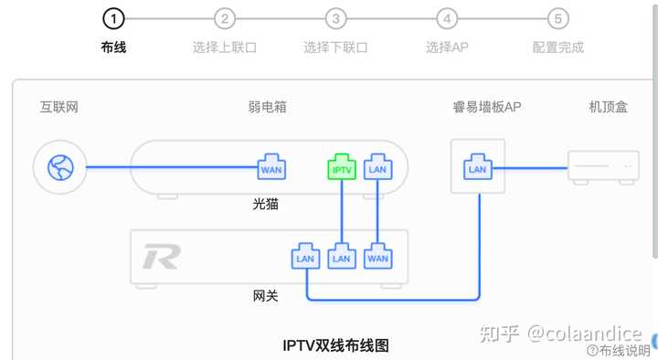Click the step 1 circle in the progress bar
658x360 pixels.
(112, 18)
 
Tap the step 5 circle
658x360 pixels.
(557, 18)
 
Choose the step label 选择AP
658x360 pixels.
(446, 47)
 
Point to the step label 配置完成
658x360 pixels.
(557, 47)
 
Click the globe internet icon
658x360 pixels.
(58, 167)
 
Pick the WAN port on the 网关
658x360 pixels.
(377, 257)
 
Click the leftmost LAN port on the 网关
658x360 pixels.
(305, 257)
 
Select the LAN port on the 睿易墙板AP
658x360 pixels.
(477, 166)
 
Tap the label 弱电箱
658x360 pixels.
(267, 107)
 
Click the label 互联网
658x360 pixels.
(58, 107)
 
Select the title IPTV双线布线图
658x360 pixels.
(335, 345)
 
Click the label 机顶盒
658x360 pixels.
(608, 107)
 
